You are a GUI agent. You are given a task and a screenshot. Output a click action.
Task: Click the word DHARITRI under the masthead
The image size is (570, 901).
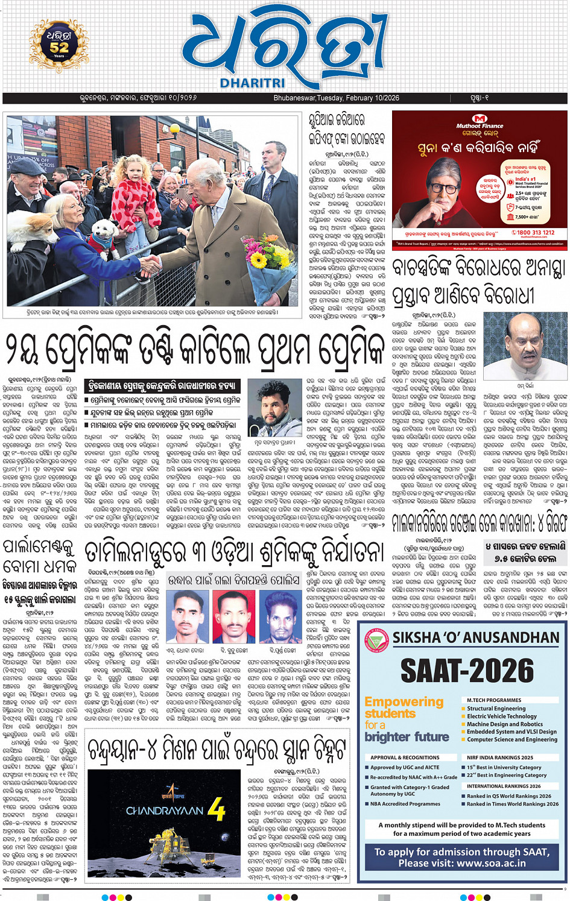click(252, 83)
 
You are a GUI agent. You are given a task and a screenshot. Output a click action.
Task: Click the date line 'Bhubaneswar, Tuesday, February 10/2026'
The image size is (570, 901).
click(336, 98)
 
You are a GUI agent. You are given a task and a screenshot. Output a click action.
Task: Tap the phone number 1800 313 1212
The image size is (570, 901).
click(533, 232)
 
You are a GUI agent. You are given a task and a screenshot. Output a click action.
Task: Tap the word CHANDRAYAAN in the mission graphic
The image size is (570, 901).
click(164, 811)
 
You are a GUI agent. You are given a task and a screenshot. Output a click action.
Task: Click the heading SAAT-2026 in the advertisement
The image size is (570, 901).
click(467, 670)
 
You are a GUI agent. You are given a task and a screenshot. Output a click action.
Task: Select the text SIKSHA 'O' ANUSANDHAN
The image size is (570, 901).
click(475, 637)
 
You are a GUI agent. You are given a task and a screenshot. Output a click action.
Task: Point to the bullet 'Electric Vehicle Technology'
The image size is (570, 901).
click(501, 716)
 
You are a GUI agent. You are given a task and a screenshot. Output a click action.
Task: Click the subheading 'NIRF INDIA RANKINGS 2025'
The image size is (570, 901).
click(499, 757)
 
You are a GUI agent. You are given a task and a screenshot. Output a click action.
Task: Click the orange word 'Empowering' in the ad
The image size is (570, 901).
click(404, 702)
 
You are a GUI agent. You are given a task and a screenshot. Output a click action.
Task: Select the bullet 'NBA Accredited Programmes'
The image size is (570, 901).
click(405, 804)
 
